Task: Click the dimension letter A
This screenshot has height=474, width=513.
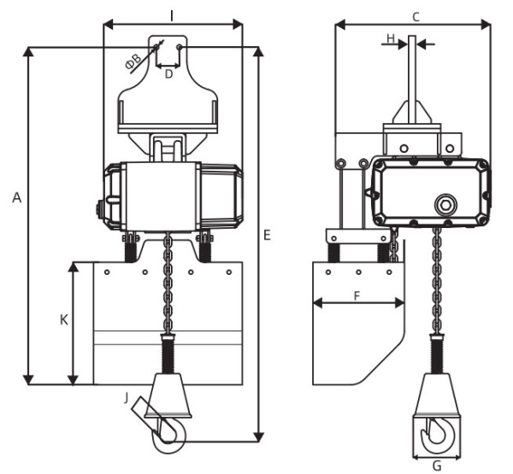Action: tap(17, 197)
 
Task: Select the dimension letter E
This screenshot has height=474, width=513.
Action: tap(268, 235)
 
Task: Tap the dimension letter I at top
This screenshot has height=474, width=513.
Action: tap(172, 15)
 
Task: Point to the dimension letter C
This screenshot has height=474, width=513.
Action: tap(416, 17)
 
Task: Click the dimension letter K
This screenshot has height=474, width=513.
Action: tap(64, 319)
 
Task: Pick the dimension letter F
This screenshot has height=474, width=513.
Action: tap(357, 296)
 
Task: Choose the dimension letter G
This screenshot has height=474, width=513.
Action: tap(437, 465)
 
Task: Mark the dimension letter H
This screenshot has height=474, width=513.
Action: tap(391, 39)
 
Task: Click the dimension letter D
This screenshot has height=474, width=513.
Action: tap(168, 74)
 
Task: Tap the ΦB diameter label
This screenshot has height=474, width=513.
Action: tap(133, 61)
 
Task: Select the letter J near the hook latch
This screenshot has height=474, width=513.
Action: tap(127, 398)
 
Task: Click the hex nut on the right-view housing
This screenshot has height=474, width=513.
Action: tap(445, 205)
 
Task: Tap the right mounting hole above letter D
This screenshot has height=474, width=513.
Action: tap(179, 48)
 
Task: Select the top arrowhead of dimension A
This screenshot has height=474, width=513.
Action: tap(29, 51)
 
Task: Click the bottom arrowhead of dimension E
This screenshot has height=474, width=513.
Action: tap(259, 437)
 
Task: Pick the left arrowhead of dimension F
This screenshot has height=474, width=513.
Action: tap(318, 303)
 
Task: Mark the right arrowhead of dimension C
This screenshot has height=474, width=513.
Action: tap(486, 24)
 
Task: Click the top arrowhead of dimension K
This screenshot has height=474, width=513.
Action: tap(74, 266)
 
